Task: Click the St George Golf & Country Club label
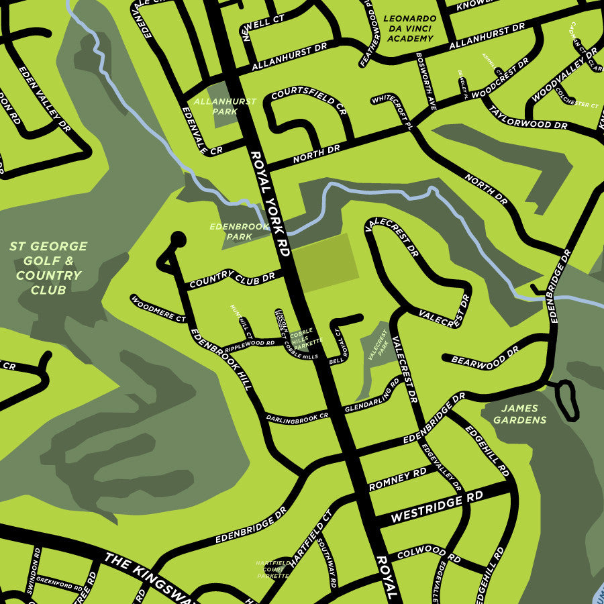48,268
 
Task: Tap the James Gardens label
519,413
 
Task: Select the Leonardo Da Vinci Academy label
409,29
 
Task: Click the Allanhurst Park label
215,106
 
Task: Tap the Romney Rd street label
398,479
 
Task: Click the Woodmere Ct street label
158,308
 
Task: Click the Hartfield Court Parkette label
272,569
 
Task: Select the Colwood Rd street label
429,556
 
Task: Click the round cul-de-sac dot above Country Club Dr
178,238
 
